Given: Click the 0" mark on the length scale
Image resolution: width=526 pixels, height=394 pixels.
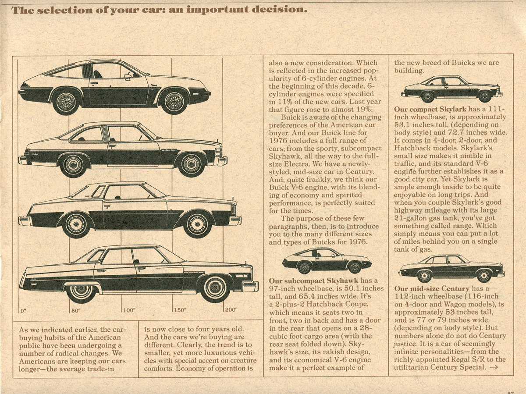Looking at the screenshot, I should point(23,310).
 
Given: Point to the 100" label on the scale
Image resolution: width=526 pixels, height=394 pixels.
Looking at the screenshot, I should point(129,310).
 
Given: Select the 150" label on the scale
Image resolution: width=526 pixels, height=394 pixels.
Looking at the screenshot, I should point(181,310).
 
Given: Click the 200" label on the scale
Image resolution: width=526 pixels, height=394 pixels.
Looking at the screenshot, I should point(231,310).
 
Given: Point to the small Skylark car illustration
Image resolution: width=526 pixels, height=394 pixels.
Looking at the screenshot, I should point(451,89).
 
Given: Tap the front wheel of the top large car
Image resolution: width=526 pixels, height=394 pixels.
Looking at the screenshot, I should point(174,101).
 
